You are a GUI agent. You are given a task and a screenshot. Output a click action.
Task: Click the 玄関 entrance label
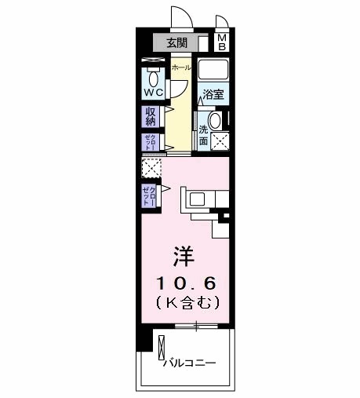coord(177,42)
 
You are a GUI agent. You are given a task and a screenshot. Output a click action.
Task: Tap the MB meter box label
coord(222,42)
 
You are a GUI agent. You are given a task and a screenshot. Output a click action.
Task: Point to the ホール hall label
coord(181,68)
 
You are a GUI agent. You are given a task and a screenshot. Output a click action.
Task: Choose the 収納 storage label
coord(151,116)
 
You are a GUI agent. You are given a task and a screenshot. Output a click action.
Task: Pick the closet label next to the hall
coord(150,141)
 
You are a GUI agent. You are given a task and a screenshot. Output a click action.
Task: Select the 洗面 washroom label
coord(204,135)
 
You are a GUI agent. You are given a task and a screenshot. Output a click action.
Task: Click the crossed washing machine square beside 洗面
coord(220,141)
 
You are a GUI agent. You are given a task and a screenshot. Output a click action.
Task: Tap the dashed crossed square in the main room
coord(151,168)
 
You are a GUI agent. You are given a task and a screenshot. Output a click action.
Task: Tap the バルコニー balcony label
coord(189,363)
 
